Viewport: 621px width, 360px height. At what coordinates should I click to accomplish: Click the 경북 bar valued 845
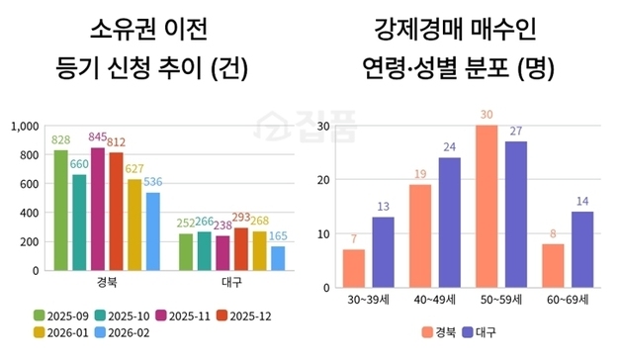pyautogui.click(x=97, y=209)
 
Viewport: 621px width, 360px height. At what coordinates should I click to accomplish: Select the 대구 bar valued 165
pyautogui.click(x=278, y=257)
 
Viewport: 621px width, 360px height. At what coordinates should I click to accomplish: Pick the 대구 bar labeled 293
pyautogui.click(x=240, y=248)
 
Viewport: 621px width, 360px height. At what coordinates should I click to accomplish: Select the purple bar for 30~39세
pyautogui.click(x=383, y=252)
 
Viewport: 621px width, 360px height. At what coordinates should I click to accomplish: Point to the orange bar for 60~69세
pyautogui.click(x=553, y=265)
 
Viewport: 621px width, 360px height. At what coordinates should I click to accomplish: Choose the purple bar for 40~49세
pyautogui.click(x=449, y=223)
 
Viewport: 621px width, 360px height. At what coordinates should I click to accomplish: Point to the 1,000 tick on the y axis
pyautogui.click(x=24, y=126)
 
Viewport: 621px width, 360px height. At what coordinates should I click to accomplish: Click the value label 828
pyautogui.click(x=61, y=140)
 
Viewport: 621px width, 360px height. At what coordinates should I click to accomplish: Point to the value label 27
pyautogui.click(x=515, y=132)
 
